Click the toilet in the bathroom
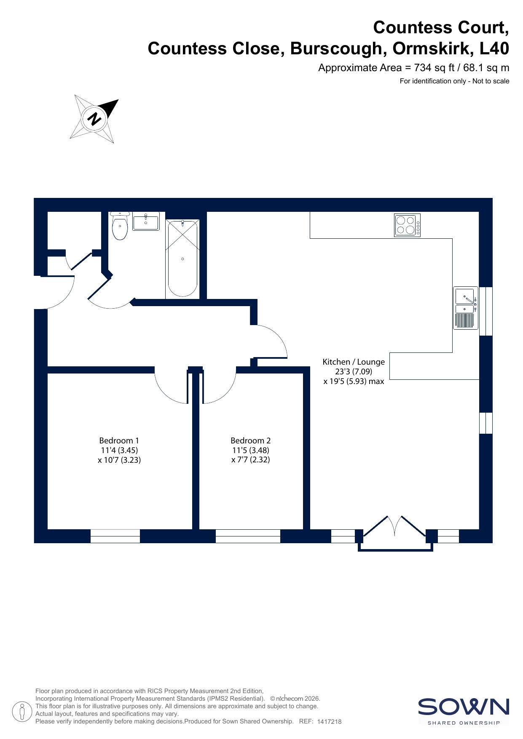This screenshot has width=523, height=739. pyautogui.click(x=120, y=226)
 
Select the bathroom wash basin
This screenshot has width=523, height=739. pyautogui.click(x=146, y=221)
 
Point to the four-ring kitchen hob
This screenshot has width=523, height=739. pyautogui.click(x=407, y=225)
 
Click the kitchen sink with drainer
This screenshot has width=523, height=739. pyautogui.click(x=466, y=308)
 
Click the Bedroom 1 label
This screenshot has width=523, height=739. pyautogui.click(x=119, y=440)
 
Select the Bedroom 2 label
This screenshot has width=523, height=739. pyautogui.click(x=251, y=440)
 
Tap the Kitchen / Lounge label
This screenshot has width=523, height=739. pyautogui.click(x=354, y=362)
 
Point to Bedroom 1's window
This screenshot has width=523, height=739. pyautogui.click(x=115, y=536)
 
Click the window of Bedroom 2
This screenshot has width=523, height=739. pyautogui.click(x=248, y=536)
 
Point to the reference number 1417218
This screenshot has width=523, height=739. pyautogui.click(x=329, y=721)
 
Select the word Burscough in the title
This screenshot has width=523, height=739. pyautogui.click(x=336, y=49)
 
